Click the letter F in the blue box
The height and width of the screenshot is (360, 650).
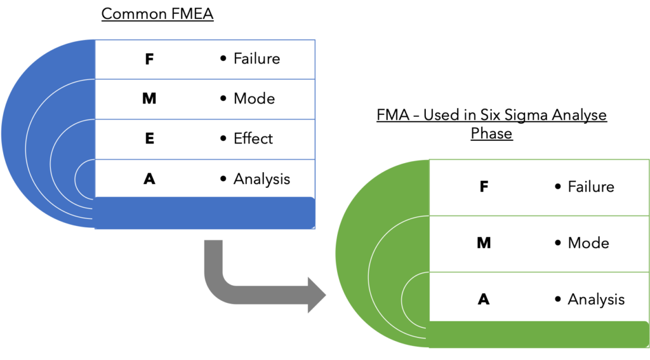[149, 59]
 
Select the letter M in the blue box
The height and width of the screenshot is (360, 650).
[149, 99]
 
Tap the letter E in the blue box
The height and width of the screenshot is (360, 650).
[149, 139]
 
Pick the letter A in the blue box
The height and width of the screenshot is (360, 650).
[149, 179]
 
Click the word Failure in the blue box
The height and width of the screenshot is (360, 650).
[256, 59]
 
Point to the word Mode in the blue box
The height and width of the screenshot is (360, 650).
[254, 99]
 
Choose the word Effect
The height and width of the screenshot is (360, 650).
[253, 139]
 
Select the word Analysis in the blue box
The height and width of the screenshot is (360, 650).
[262, 179]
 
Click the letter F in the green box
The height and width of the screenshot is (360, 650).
[484, 187]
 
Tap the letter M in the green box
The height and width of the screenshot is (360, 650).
[484, 243]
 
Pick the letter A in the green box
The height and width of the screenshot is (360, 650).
[484, 299]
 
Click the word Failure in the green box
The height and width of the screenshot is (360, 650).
[591, 187]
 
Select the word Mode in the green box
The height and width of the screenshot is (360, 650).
[588, 243]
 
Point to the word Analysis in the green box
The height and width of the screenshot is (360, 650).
[596, 299]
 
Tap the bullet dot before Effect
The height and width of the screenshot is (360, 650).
[223, 139]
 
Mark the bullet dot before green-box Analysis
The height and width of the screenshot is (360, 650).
[558, 299]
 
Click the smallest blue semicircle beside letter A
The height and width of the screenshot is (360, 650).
[86, 179]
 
